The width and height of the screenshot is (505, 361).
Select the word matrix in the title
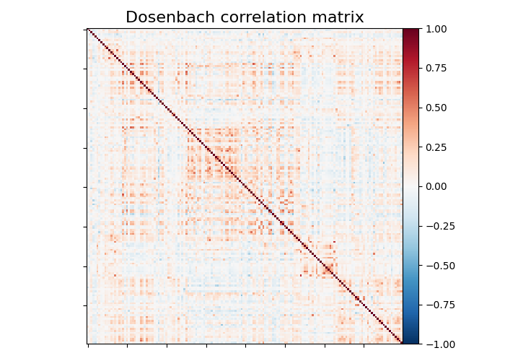pyautogui.click(x=339, y=17)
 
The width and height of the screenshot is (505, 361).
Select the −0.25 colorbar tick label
pyautogui.click(x=435, y=226)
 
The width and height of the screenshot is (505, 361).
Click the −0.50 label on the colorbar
pyautogui.click(x=435, y=266)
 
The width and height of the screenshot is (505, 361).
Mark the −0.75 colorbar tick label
pyautogui.click(x=435, y=305)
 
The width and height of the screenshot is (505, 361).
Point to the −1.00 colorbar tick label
pyautogui.click(x=435, y=344)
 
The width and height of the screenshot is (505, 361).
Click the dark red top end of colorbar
pyautogui.click(x=410, y=31)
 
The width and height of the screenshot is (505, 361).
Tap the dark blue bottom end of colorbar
pyautogui.click(x=410, y=342)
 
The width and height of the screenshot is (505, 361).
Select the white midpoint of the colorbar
pyautogui.click(x=410, y=186)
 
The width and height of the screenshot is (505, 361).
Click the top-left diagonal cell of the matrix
pyautogui.click(x=88, y=30)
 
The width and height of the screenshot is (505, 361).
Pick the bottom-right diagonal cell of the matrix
pyautogui.click(x=401, y=343)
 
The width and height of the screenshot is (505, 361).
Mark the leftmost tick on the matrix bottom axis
pyautogui.click(x=88, y=345)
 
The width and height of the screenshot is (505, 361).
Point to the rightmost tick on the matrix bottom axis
pyautogui.click(x=363, y=345)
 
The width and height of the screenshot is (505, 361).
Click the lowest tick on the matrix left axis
pyautogui.click(x=86, y=305)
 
